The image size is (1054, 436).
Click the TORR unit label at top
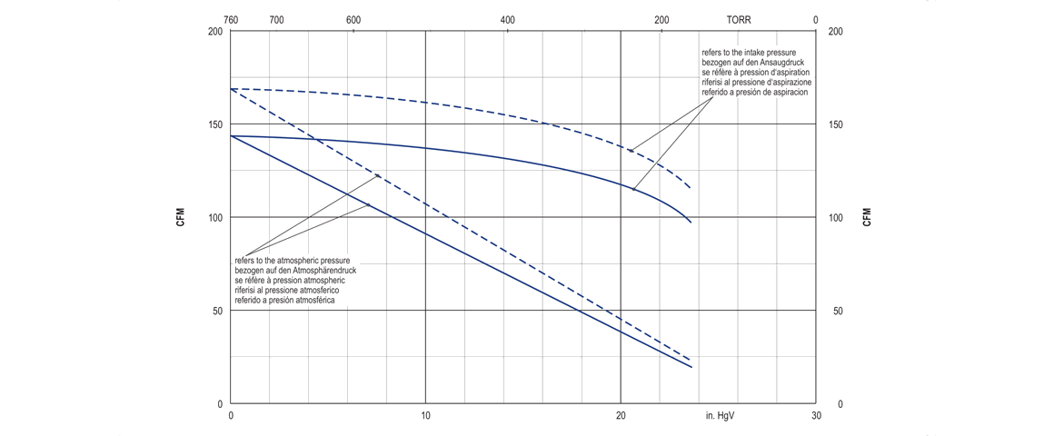739,20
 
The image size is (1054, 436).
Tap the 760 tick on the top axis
231,20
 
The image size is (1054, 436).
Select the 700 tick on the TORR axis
276,20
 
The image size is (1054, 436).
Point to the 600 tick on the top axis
353,20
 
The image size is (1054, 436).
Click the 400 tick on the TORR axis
507,20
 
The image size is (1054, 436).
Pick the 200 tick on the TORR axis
661,20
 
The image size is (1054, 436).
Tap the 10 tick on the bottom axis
425,415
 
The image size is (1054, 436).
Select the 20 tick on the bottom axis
621,415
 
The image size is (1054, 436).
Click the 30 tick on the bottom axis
815,415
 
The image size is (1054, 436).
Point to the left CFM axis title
181,217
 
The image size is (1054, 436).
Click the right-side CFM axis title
866,217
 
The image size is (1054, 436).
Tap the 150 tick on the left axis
214,124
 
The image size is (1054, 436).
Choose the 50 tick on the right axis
837,312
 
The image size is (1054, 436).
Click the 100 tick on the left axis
214,218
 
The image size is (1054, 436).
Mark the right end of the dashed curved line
691,188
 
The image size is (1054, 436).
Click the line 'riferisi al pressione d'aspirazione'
755,83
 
